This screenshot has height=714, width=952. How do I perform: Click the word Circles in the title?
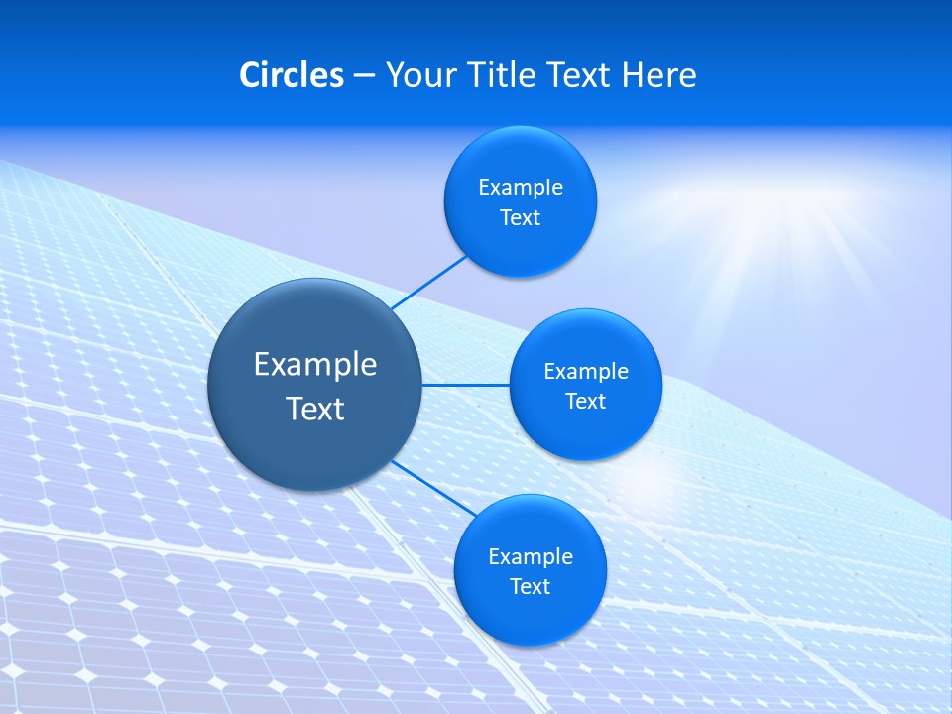291,75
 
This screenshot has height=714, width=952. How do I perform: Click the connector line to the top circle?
428,282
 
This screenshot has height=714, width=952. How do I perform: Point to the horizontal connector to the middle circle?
465,385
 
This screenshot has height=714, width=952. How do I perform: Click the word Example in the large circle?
315,364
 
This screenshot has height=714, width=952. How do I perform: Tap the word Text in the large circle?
315,409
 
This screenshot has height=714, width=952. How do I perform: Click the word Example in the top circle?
521,188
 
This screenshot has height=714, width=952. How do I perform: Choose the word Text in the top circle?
520,218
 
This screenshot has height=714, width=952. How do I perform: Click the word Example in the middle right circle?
586,372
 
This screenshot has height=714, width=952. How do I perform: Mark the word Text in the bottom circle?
530,586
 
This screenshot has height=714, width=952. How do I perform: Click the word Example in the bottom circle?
531,556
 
